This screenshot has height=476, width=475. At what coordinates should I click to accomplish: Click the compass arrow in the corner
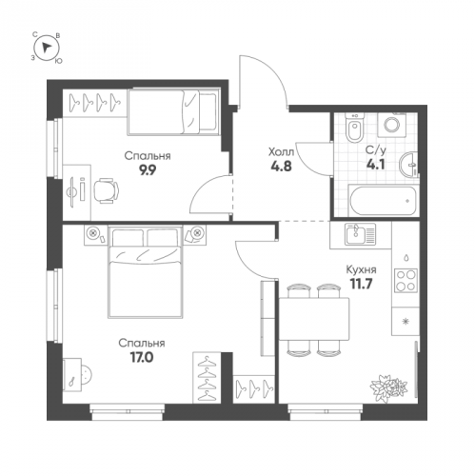[x=47, y=48]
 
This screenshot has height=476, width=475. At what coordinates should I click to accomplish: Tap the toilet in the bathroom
[x=354, y=129]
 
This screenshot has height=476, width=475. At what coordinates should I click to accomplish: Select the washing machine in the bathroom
[x=392, y=125]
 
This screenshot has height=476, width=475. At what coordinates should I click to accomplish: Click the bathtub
[x=383, y=201]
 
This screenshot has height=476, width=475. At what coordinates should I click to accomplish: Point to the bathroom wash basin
[x=409, y=165]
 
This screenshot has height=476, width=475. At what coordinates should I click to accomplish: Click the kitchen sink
[x=361, y=234]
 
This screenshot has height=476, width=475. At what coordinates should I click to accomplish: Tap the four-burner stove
[x=406, y=280]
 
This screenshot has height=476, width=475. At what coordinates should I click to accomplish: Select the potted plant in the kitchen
[x=388, y=387]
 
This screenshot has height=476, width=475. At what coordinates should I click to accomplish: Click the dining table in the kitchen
[x=314, y=319]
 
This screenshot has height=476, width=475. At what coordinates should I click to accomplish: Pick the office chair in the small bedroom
[x=106, y=190]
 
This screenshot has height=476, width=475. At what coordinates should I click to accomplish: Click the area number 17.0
[x=142, y=358]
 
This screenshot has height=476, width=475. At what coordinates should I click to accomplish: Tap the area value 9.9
[x=148, y=170]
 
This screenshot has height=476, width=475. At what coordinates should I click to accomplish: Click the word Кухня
[x=361, y=270]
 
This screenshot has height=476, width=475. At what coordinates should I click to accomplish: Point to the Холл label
[x=282, y=152]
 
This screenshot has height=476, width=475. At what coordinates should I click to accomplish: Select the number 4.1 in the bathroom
[x=376, y=165]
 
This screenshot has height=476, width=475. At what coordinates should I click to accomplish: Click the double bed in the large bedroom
[x=146, y=271]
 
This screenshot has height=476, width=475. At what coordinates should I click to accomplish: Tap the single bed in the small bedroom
[x=174, y=112]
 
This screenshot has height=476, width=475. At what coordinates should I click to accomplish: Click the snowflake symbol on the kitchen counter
[x=405, y=322]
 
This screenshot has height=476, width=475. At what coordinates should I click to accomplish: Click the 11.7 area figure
[x=361, y=284]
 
